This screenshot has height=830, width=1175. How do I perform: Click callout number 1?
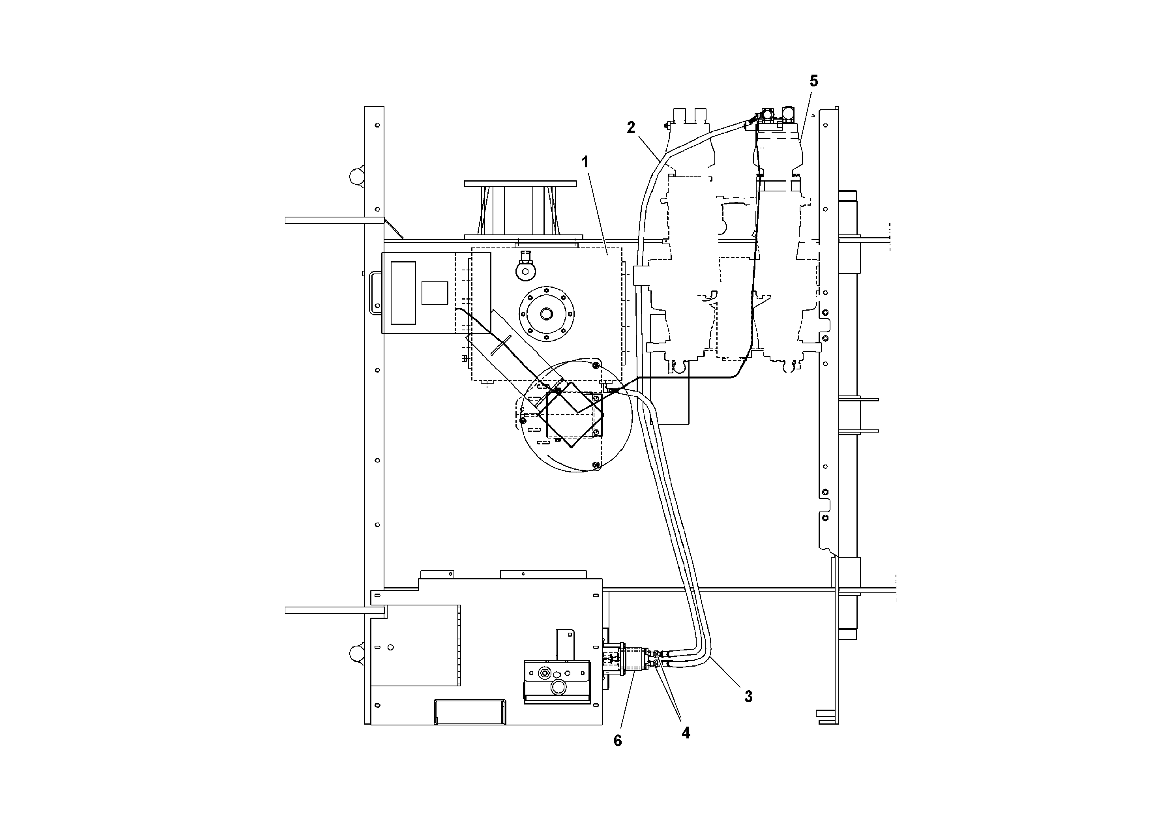[x=585, y=162]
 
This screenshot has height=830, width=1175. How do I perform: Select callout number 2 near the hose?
[x=631, y=127]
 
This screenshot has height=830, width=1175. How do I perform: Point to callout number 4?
[x=686, y=733]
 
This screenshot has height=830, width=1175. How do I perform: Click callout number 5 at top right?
[x=813, y=81]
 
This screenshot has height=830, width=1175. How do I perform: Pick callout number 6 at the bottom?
[x=618, y=740]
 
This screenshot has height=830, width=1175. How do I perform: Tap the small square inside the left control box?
[x=435, y=293]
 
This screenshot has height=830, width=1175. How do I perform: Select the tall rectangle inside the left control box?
[x=403, y=293]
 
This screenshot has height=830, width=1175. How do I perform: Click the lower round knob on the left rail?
[x=356, y=654]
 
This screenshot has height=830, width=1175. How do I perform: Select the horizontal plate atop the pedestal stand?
[x=520, y=183]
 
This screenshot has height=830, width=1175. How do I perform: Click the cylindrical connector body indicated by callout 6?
[x=633, y=660]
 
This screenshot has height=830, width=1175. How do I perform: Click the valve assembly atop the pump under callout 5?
[x=775, y=119]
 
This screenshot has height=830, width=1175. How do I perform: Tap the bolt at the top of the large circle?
[x=596, y=364]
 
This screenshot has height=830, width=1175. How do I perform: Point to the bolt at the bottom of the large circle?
[x=596, y=465]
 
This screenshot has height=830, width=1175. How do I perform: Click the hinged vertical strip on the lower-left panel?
[x=459, y=645]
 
